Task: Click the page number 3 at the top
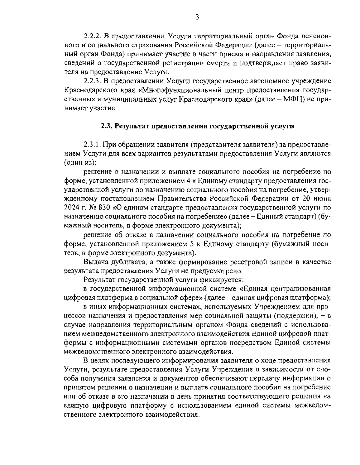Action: point(197,17)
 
